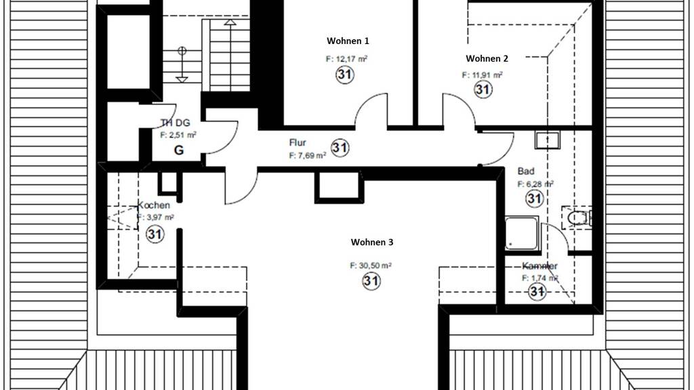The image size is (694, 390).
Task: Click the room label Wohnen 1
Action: point(348,41)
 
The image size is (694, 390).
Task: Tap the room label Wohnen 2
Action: point(487,59)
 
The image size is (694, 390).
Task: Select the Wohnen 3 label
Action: point(372,242)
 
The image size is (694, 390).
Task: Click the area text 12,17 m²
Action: point(346,59)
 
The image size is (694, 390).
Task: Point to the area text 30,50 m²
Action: point(371,266)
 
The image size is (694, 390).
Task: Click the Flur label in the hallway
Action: point(298,143)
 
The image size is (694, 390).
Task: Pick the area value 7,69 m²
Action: point(308,155)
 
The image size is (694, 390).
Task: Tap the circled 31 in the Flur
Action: point(340,148)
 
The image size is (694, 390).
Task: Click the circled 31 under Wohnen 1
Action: point(344,75)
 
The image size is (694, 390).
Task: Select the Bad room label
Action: point(526,172)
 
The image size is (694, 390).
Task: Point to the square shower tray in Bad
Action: point(522,233)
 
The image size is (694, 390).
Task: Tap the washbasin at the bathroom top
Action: point(546,140)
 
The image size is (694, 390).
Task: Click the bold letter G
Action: point(179,150)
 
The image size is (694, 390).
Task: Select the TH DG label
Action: point(175,123)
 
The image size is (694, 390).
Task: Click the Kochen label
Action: point(154,205)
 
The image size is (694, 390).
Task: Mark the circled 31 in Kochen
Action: point(155,234)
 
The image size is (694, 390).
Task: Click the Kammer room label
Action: point(539,266)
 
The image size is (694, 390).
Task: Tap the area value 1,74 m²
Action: point(539,278)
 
